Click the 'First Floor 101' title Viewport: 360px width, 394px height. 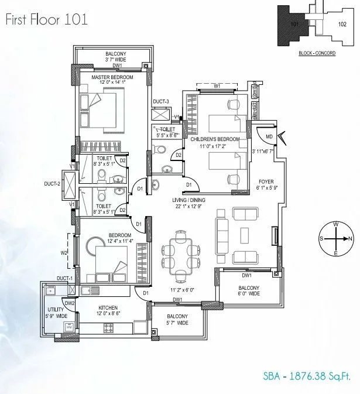[46, 20]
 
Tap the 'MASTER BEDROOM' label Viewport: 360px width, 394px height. [113, 77]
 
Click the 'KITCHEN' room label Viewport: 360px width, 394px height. [109, 308]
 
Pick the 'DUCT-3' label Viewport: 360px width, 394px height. [160, 102]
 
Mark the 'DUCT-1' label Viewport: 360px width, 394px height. [64, 277]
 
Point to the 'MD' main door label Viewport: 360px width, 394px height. [269, 137]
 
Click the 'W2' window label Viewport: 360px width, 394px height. [65, 253]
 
